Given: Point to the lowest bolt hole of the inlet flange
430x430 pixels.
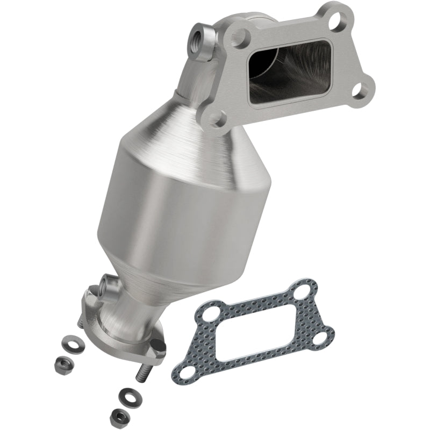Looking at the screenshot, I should [x=219, y=119].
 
